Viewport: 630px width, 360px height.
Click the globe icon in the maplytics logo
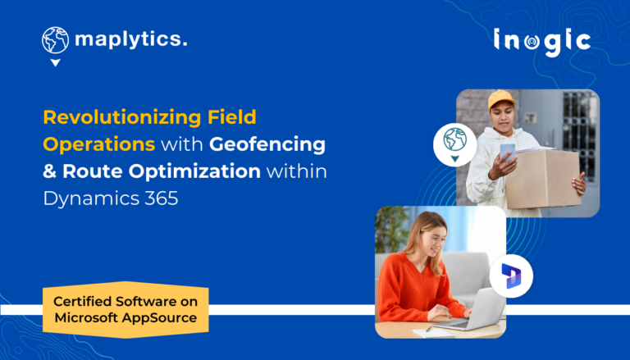pos(55,40)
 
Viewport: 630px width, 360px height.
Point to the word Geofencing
pos(267,144)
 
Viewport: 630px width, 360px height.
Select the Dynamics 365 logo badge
pos(511,278)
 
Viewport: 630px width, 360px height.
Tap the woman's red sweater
pos(416,287)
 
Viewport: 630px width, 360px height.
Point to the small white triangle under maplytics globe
pos(55,62)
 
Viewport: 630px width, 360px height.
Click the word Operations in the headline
pos(98,144)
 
